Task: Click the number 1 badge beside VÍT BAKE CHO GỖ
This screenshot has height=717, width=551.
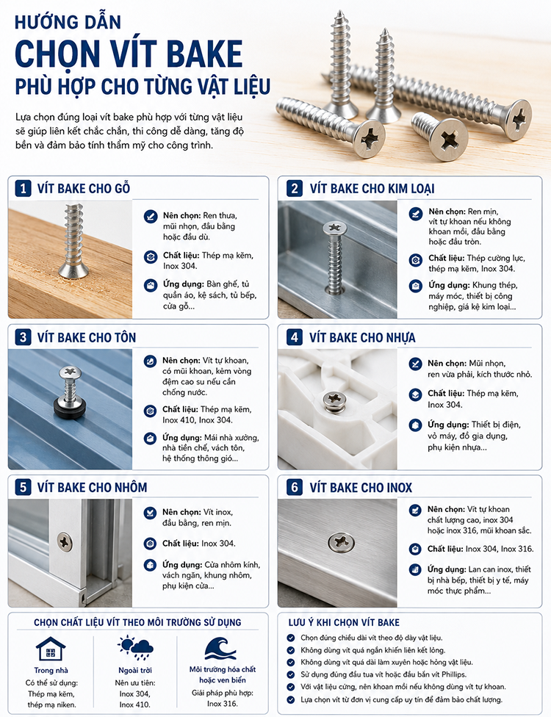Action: [23, 188]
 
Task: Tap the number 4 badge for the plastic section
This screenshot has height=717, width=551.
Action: [295, 337]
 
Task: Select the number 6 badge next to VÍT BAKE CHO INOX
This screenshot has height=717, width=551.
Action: [295, 487]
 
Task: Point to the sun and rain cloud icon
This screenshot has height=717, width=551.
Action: [135, 647]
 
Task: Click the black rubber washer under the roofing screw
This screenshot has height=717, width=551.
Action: [70, 408]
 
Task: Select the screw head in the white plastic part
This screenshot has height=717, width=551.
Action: [334, 398]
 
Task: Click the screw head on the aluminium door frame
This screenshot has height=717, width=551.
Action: [65, 542]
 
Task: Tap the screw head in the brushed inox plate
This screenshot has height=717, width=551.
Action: [341, 542]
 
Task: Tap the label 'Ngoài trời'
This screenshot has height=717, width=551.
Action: [135, 671]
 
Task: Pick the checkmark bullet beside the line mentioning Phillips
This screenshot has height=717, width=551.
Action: [291, 674]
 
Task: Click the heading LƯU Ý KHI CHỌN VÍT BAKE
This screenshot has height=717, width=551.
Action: [344, 622]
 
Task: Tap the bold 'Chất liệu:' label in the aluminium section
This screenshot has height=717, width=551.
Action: [180, 543]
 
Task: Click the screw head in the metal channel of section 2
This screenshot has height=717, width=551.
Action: [334, 228]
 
